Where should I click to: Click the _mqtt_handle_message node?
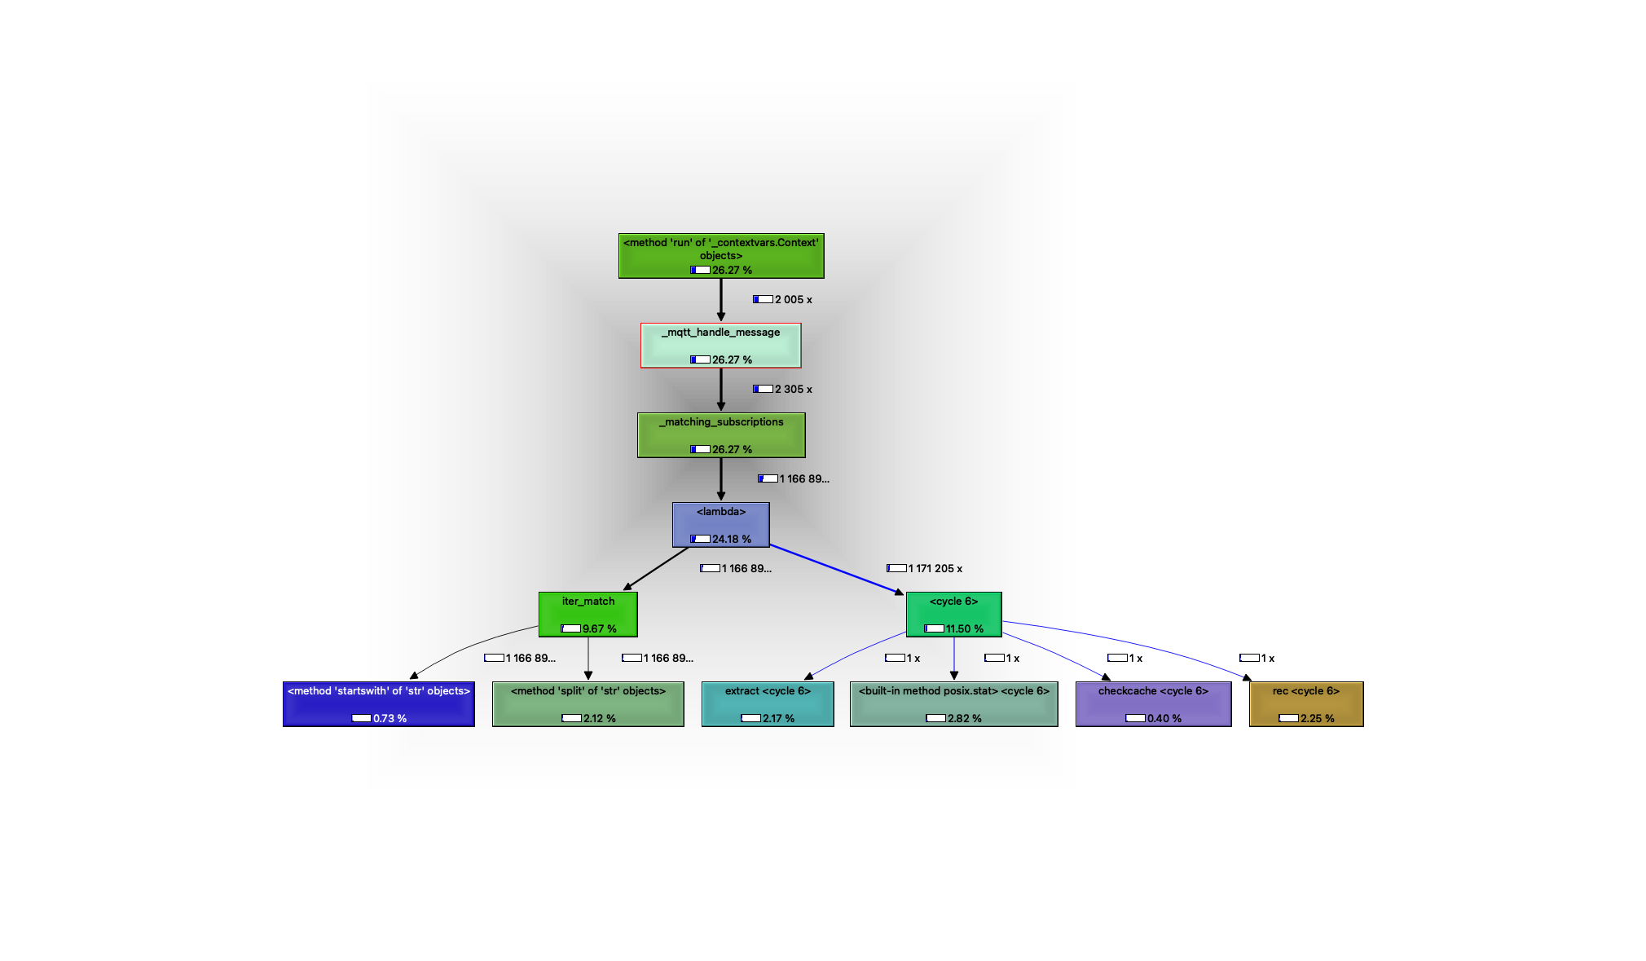coord(720,345)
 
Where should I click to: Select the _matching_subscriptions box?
coord(720,434)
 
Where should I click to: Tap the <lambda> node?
coord(720,524)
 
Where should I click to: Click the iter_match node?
coord(588,614)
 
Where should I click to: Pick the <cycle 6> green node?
coord(953,614)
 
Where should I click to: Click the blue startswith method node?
coord(378,703)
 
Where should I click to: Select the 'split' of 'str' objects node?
coord(588,703)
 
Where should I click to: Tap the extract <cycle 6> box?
coord(767,703)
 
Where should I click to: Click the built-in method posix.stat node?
coord(953,703)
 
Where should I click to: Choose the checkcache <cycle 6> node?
coord(1153,703)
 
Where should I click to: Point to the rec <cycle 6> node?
coord(1305,703)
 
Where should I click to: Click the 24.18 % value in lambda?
coord(731,539)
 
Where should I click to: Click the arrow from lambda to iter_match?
coord(656,568)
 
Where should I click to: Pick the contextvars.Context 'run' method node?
coord(720,255)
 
